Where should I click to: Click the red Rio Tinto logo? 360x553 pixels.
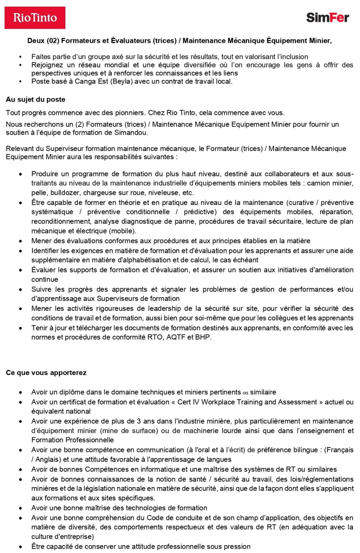coord(35,18)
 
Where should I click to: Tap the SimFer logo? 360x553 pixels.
coord(327,17)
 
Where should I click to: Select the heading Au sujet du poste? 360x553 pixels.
coord(35,99)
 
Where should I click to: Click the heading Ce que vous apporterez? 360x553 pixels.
coord(46,373)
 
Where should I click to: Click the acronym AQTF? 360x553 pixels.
coord(176,338)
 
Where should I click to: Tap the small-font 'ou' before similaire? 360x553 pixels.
coord(246,393)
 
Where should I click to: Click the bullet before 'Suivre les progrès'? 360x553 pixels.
coord(21,290)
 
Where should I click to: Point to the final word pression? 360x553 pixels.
coord(237,546)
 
